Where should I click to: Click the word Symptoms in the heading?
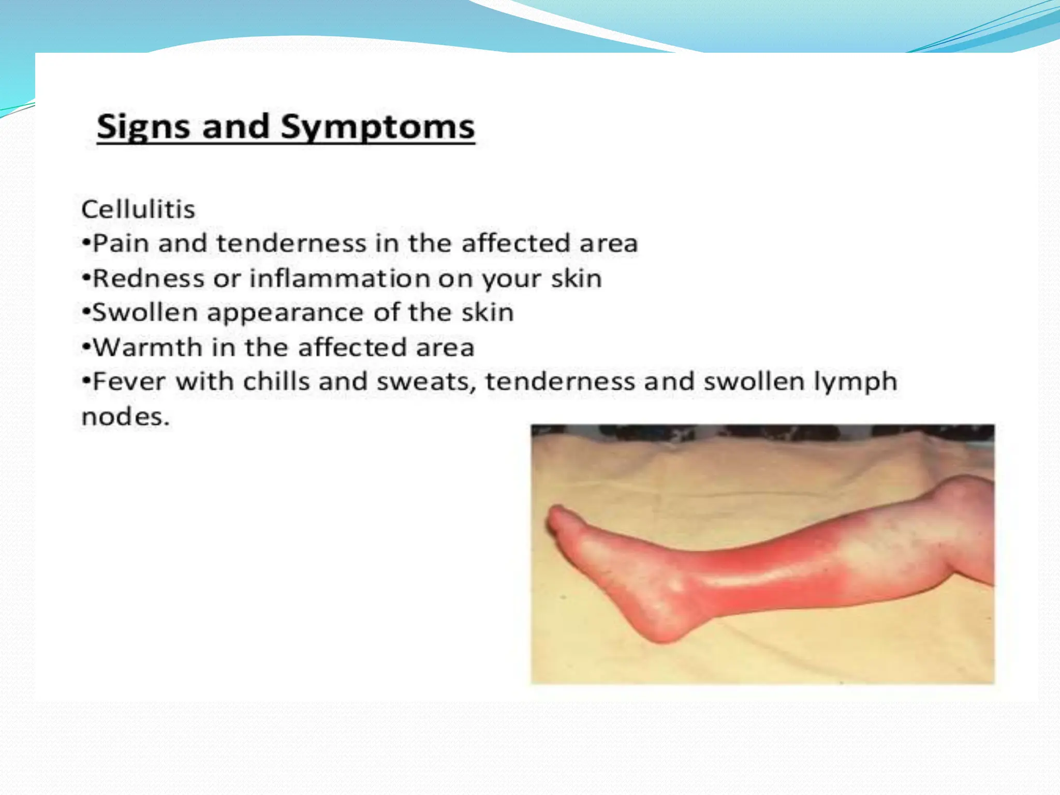coord(377,127)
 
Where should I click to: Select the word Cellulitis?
coord(138,210)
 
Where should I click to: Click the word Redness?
coord(149,278)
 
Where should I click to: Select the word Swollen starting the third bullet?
coord(145,313)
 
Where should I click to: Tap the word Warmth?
coord(148,347)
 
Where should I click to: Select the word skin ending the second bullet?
coord(576,278)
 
